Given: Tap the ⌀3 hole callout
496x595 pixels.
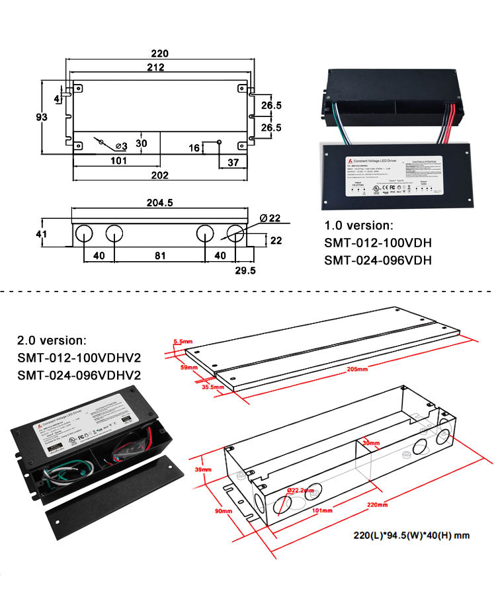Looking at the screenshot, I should click(x=121, y=145).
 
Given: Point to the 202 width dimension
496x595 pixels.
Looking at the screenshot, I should click(x=159, y=175).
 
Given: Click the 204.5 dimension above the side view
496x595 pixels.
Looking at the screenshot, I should click(x=159, y=203).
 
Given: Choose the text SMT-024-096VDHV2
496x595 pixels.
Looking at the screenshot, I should click(x=79, y=376).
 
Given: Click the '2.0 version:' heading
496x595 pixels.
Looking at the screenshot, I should click(x=52, y=341).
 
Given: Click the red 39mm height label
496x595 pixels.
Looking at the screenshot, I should click(x=203, y=469).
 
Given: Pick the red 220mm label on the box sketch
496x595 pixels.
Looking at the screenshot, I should click(x=377, y=504).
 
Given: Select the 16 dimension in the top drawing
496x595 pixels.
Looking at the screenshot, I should click(x=194, y=148).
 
